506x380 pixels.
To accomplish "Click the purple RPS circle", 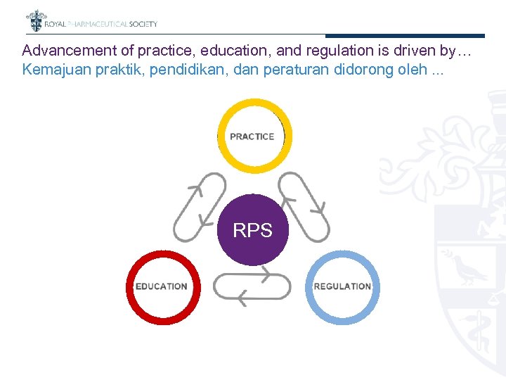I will tap(252, 230).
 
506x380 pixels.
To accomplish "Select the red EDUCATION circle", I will tap(162, 286).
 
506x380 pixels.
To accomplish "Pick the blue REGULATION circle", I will tap(343, 286).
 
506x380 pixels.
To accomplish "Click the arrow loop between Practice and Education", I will tap(200, 207).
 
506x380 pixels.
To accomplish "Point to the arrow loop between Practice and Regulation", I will tap(304, 207).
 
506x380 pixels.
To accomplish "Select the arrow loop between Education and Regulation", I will tap(252, 287).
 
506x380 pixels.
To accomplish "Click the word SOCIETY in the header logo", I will tap(143, 24).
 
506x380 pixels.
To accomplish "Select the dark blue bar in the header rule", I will tap(405, 36).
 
